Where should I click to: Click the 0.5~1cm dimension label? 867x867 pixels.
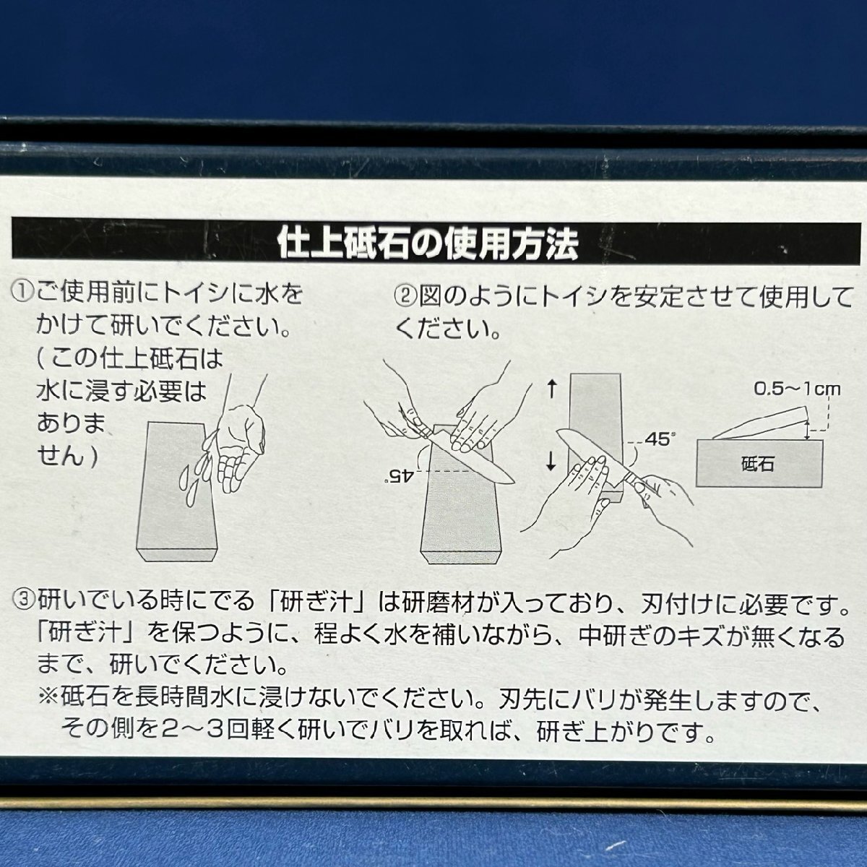tap(797, 389)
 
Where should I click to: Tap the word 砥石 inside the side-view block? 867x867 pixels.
tap(756, 463)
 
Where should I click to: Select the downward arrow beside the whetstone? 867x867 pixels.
tap(552, 460)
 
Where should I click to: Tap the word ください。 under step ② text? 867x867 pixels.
tap(448, 329)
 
